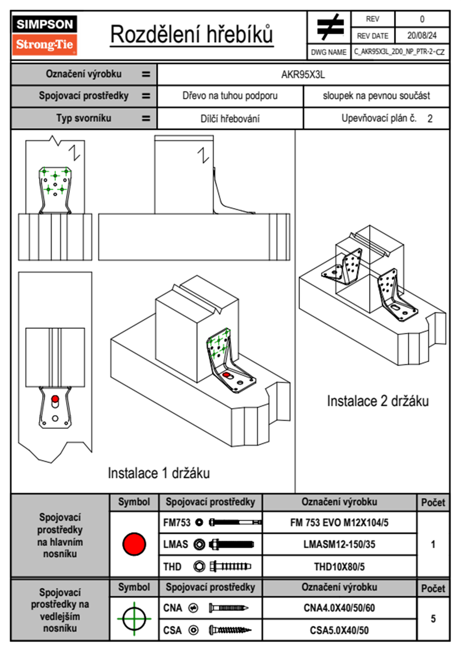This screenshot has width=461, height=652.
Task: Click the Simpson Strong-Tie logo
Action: pos(44,35)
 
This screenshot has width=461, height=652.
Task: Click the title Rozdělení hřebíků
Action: pos(192,35)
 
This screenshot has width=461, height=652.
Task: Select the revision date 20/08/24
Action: pos(421,36)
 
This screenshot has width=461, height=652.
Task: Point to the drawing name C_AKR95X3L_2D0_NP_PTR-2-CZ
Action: pos(399,52)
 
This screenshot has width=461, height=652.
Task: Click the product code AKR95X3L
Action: pos(303,74)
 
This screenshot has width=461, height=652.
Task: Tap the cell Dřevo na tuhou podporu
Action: pos(230,96)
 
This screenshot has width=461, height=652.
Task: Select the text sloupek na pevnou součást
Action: pos(376,96)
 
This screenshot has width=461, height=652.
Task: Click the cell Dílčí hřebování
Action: pos(230,119)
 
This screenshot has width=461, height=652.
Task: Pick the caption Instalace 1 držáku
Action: pos(158,473)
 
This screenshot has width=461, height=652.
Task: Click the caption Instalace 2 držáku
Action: pos(378,401)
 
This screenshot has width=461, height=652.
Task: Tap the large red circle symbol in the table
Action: pos(134,544)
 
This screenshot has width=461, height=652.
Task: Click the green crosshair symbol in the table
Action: pos(134,619)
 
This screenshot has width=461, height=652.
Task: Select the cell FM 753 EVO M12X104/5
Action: pos(339,523)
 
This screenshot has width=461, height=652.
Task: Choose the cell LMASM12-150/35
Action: pos(339,544)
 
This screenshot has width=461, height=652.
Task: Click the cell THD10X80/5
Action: pos(339,567)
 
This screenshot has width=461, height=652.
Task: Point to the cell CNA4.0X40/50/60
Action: pos(339,608)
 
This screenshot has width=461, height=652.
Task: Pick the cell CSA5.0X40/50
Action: pos(339,630)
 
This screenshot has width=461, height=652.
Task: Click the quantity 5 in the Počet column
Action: pos(433,619)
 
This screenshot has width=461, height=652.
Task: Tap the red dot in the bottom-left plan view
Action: pos(55,399)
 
